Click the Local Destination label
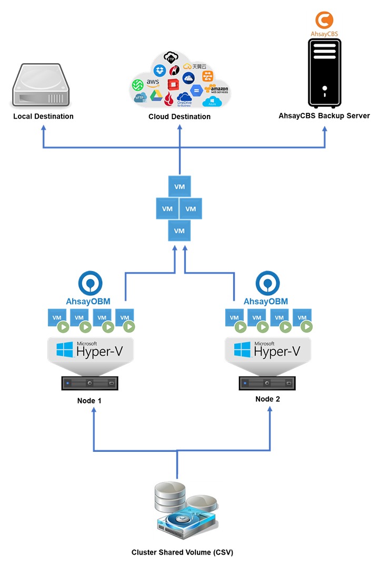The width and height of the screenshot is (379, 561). pos(43,116)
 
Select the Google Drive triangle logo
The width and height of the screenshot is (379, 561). pos(156,95)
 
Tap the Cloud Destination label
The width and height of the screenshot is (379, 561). pos(179,117)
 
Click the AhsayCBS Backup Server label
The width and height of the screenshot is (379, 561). pos(324,116)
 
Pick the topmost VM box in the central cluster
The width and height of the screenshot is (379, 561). pos(179,187)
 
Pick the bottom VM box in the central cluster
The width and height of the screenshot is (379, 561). pos(179,231)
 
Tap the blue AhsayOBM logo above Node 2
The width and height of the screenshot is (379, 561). pos(267,283)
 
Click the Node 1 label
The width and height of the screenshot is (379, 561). pos(89,401)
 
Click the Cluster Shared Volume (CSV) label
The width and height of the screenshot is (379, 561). pos(182,553)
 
